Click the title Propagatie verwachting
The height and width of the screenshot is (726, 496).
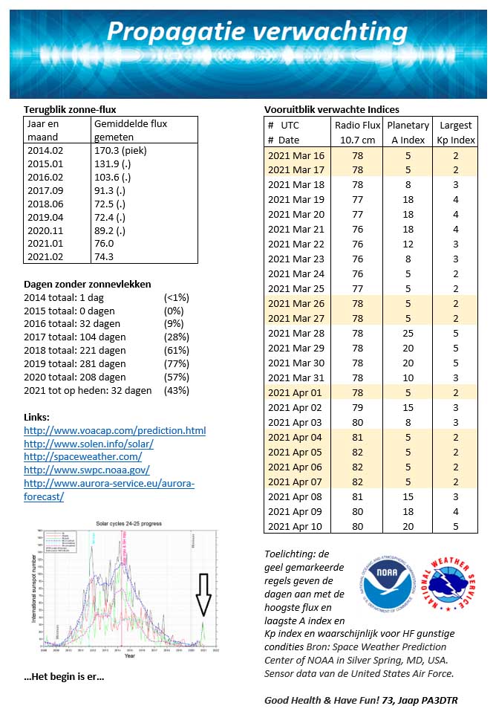pos(257,32)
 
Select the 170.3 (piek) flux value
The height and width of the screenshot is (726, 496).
pos(120,149)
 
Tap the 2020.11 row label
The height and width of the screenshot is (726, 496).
pos(46,230)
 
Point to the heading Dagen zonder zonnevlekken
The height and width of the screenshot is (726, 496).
pos(88,284)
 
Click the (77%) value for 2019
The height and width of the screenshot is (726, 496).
pos(177,364)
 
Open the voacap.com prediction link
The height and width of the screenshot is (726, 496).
pos(114,430)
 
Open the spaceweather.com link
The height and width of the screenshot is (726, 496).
pos(82,456)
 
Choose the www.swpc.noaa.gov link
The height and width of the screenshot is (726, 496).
pos(87,470)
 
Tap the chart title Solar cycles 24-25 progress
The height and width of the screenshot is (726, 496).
pos(128,523)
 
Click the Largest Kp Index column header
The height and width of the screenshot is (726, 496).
pos(455,132)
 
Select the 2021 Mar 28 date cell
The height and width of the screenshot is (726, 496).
pos(296,333)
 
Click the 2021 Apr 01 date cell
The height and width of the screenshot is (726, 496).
pos(296,392)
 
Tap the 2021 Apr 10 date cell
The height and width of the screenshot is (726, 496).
pos(296,526)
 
